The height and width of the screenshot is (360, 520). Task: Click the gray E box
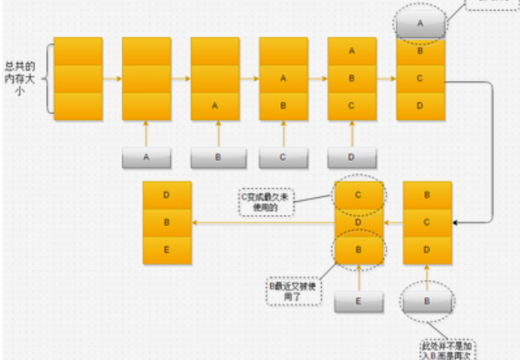(x=359, y=302)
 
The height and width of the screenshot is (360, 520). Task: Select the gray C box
(x=283, y=157)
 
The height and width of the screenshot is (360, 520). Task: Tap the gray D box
(x=351, y=157)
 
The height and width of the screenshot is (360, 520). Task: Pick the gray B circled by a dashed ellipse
(x=427, y=302)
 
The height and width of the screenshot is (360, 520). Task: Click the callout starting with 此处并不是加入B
(x=451, y=346)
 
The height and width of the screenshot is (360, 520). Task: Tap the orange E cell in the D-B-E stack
(x=167, y=250)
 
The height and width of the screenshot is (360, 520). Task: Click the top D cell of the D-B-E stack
(x=167, y=195)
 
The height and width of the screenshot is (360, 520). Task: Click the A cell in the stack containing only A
(x=215, y=106)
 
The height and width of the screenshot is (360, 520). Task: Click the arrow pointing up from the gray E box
(x=359, y=277)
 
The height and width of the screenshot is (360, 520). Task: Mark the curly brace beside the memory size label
(x=49, y=78)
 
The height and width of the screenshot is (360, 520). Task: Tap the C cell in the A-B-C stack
(x=351, y=106)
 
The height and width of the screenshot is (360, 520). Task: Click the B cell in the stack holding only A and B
(x=283, y=106)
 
